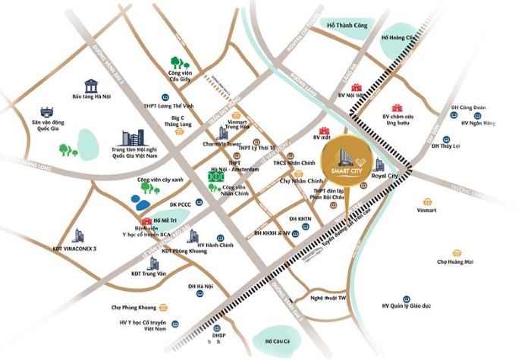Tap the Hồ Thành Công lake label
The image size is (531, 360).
[347, 26]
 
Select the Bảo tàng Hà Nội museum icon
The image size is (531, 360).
[92, 83]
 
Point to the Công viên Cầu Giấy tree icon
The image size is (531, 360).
[179, 60]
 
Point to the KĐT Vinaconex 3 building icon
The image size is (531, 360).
[78, 236]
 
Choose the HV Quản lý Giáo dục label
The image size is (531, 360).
[407, 305]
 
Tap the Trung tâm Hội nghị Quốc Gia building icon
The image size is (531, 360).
[134, 139]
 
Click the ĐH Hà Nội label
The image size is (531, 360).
[200, 286]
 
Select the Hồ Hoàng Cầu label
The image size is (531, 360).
[399, 37]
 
